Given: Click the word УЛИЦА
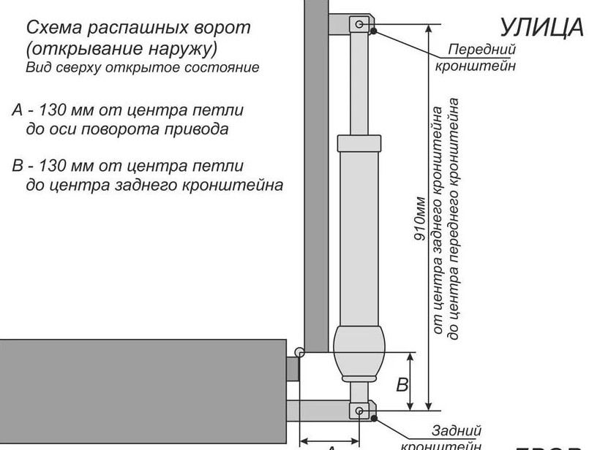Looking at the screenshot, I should click(x=542, y=27).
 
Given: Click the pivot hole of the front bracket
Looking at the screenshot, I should click(x=359, y=24).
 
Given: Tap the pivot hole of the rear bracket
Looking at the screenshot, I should click(x=359, y=411).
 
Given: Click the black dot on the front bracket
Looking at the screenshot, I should click(x=374, y=31).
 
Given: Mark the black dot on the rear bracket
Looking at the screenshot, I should click(x=374, y=418).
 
